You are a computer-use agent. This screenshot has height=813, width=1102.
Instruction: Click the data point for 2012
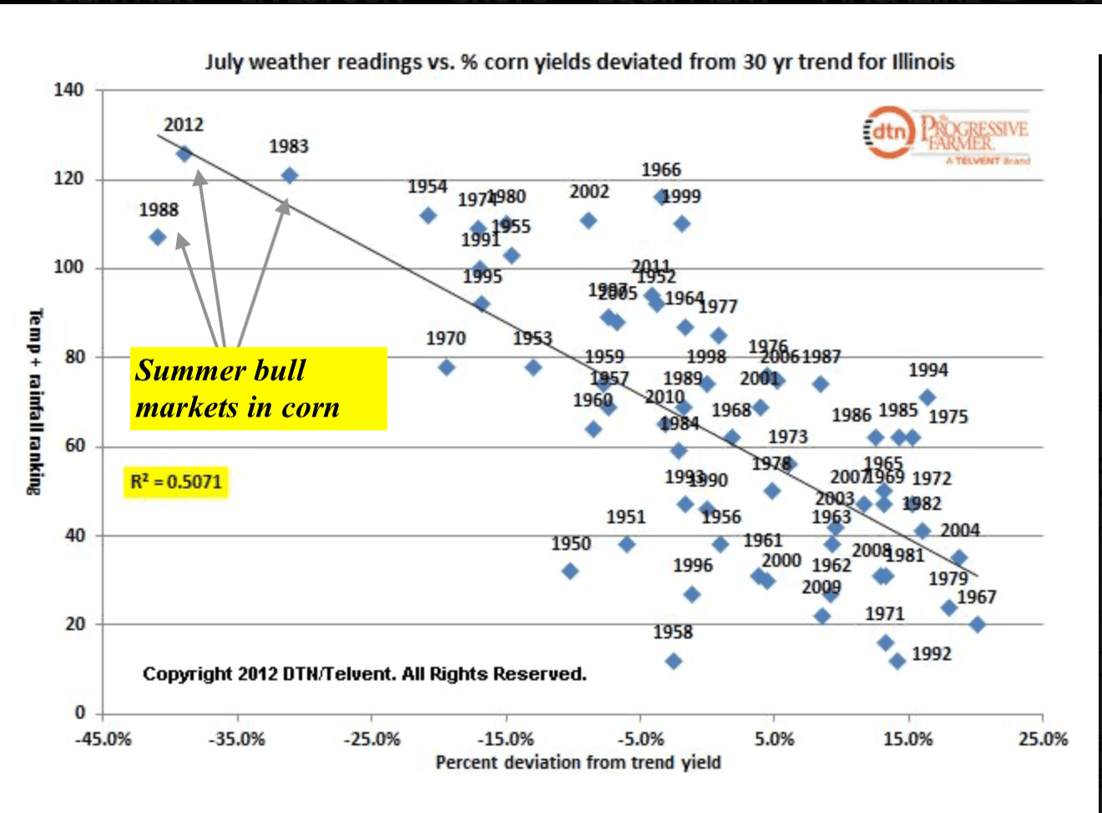coord(184,154)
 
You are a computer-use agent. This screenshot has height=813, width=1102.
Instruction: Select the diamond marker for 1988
coord(157,237)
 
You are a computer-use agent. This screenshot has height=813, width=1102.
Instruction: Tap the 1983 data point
coord(289,175)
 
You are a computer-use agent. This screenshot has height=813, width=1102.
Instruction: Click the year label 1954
coord(427,187)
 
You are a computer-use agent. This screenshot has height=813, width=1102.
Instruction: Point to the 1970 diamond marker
coord(447,367)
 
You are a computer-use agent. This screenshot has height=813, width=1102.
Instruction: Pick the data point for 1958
coord(674,661)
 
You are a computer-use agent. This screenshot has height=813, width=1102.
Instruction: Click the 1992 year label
coord(932,654)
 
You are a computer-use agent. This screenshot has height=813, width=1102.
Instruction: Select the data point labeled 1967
coord(978,624)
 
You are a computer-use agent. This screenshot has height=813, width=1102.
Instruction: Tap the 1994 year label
coord(928,370)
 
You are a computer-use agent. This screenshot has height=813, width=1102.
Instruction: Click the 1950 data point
coord(570,571)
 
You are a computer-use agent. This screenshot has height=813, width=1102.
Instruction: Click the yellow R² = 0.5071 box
coord(176,482)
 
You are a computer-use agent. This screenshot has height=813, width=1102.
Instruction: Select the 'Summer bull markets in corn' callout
coord(258,389)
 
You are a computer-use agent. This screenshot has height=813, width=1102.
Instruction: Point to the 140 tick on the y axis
coord(69,90)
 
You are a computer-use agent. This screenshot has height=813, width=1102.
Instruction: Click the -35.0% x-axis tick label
coord(237,739)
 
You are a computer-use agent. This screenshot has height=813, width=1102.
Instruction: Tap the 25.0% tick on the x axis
coord(1043,739)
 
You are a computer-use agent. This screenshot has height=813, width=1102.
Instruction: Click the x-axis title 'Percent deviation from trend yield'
coord(578,762)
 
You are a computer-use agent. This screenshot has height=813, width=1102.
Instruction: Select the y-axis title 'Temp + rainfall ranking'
coord(34,401)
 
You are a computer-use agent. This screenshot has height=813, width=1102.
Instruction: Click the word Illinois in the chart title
coord(923,62)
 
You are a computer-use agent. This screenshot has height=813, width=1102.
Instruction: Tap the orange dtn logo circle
coord(888,132)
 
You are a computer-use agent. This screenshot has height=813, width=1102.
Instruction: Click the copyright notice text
coord(364,674)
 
